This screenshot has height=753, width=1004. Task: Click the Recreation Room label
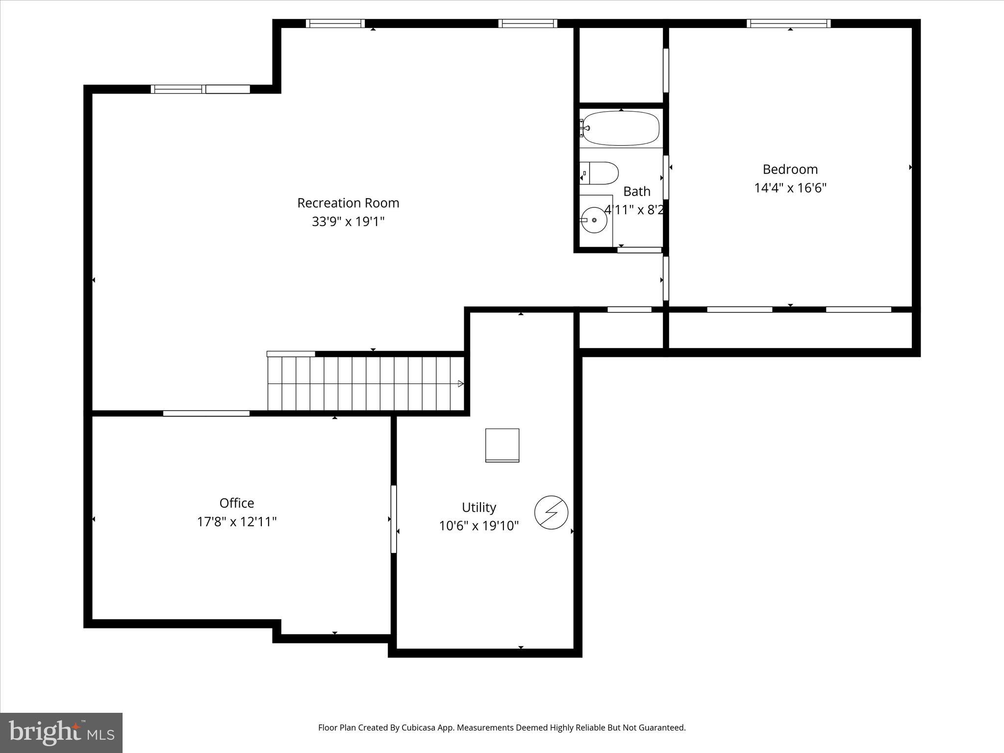(348, 203)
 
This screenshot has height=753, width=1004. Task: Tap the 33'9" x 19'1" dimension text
(348, 222)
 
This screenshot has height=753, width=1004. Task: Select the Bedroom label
(790, 170)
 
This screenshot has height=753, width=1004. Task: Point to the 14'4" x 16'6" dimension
(790, 188)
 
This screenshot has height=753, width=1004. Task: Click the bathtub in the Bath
(621, 128)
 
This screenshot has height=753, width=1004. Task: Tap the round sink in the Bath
(594, 220)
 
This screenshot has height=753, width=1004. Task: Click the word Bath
(636, 191)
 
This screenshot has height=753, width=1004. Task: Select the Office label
(236, 503)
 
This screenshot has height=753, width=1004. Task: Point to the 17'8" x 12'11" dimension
(236, 522)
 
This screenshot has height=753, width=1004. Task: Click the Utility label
(478, 507)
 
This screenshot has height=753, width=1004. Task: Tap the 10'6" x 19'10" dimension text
(478, 526)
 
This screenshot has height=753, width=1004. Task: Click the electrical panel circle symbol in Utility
(551, 512)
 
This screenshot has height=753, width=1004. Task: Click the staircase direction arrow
(460, 384)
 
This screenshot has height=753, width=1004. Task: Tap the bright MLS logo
(61, 732)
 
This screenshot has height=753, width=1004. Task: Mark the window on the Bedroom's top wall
(788, 23)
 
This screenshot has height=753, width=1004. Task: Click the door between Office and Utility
(393, 519)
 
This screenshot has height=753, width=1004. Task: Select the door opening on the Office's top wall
(206, 413)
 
